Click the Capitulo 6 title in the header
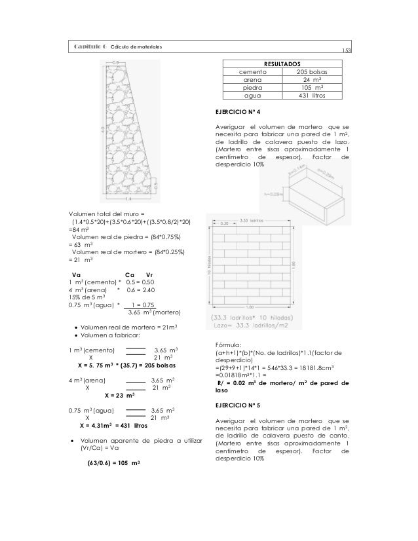pos(90,47)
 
